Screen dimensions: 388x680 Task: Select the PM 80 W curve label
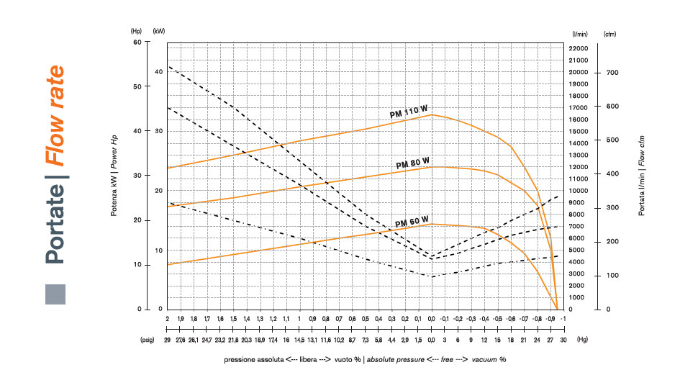coord(413,163)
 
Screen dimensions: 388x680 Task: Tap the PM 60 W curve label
coord(412,220)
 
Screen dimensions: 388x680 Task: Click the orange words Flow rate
coord(54,116)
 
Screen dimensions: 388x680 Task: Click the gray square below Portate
coord(55,294)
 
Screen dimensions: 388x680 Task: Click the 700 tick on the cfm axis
coord(612,73)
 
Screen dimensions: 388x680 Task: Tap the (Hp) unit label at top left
coord(137,32)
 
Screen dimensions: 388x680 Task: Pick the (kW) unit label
coord(159,32)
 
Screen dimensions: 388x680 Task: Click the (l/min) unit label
coord(580,34)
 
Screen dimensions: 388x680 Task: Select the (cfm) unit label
coord(610,34)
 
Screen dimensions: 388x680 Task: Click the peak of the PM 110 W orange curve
coord(432,114)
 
